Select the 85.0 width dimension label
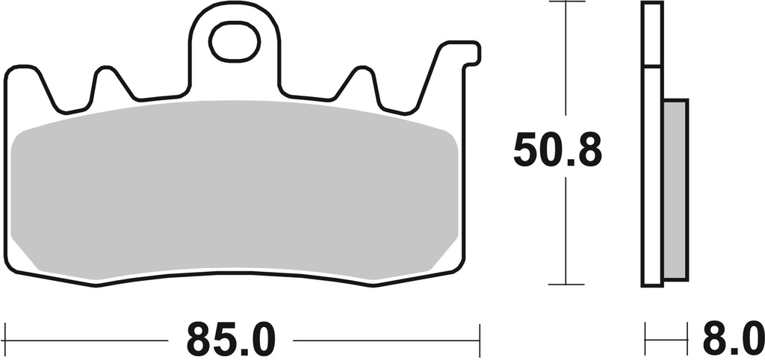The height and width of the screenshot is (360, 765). click(x=231, y=340)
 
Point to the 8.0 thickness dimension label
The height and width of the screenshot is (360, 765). click(x=732, y=340)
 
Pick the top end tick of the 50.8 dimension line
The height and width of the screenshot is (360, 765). click(x=566, y=2)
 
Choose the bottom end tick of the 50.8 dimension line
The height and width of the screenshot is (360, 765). click(x=566, y=285)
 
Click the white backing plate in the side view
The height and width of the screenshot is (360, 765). click(x=652, y=179)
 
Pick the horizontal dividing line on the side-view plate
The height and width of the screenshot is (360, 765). click(x=652, y=67)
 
